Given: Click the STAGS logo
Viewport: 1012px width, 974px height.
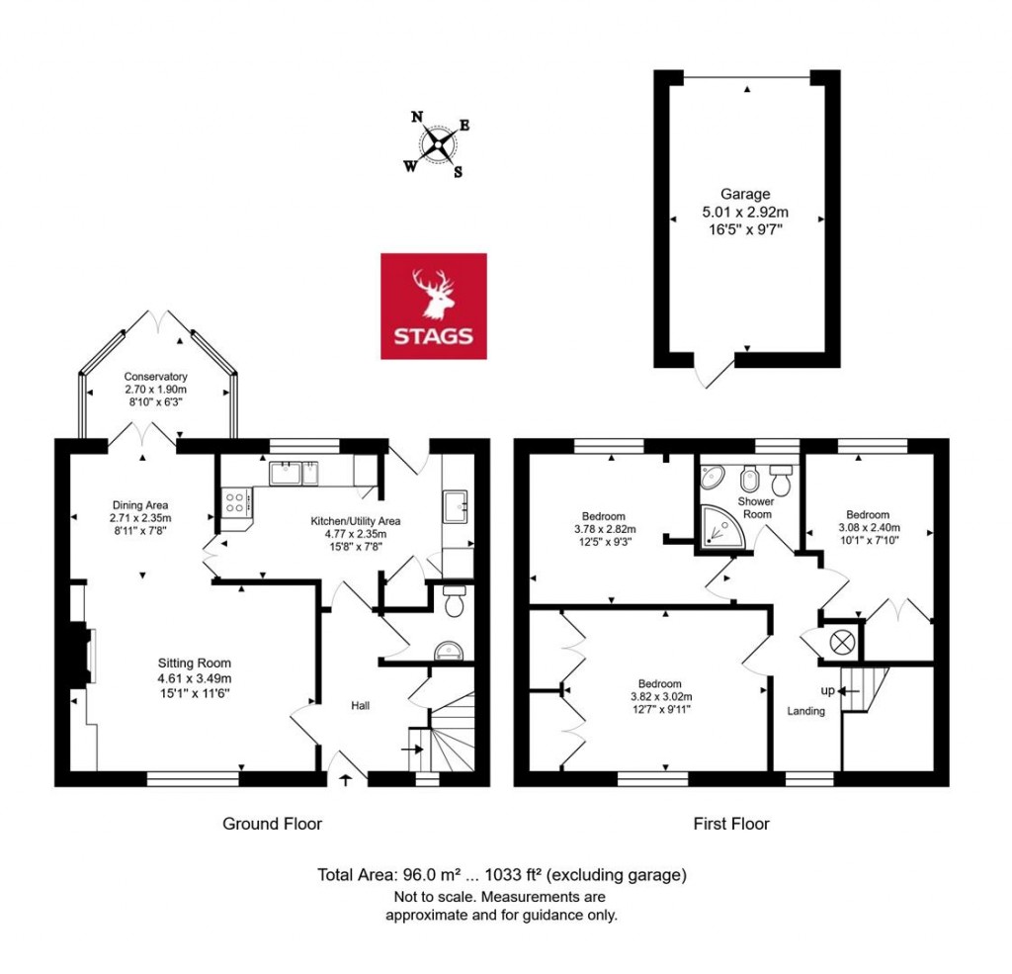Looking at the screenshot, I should (434, 306).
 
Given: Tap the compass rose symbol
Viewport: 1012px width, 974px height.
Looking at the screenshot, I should (436, 146).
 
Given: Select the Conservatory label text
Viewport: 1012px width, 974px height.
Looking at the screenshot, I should (156, 377).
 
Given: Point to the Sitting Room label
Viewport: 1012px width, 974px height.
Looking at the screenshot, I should (195, 663).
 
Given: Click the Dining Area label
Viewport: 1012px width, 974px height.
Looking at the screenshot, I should (140, 505).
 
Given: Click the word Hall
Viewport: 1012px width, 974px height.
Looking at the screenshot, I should (361, 705).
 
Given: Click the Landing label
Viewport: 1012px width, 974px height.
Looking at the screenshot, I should (805, 711).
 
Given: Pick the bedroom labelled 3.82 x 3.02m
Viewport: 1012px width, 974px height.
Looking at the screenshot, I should (659, 684).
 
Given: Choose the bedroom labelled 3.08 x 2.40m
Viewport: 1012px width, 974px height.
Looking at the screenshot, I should (868, 515).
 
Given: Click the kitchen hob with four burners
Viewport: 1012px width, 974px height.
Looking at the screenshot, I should (237, 501).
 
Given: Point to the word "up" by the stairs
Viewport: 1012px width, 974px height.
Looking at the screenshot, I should (828, 689).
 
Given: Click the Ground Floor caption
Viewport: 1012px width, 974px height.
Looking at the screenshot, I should (272, 823).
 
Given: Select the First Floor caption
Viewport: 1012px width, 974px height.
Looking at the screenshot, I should (730, 823).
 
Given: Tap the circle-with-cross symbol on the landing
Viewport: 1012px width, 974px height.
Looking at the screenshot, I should (842, 641).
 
